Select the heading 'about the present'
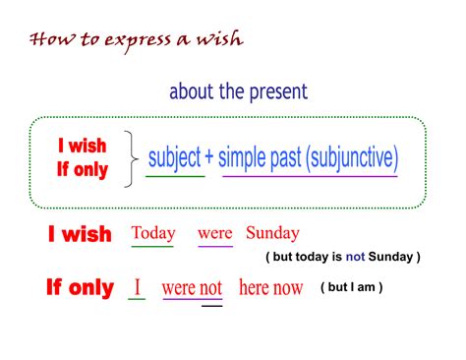coord(238,92)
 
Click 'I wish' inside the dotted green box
coord(82,146)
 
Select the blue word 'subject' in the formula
coord(175,156)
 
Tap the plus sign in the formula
coord(209,157)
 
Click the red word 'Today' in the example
coord(153,233)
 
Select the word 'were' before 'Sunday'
coord(214,233)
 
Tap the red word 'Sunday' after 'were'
coord(272,233)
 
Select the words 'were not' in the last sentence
coord(192,288)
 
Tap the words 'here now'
coord(270,288)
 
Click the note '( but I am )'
coord(351,287)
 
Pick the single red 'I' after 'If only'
coord(138,287)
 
